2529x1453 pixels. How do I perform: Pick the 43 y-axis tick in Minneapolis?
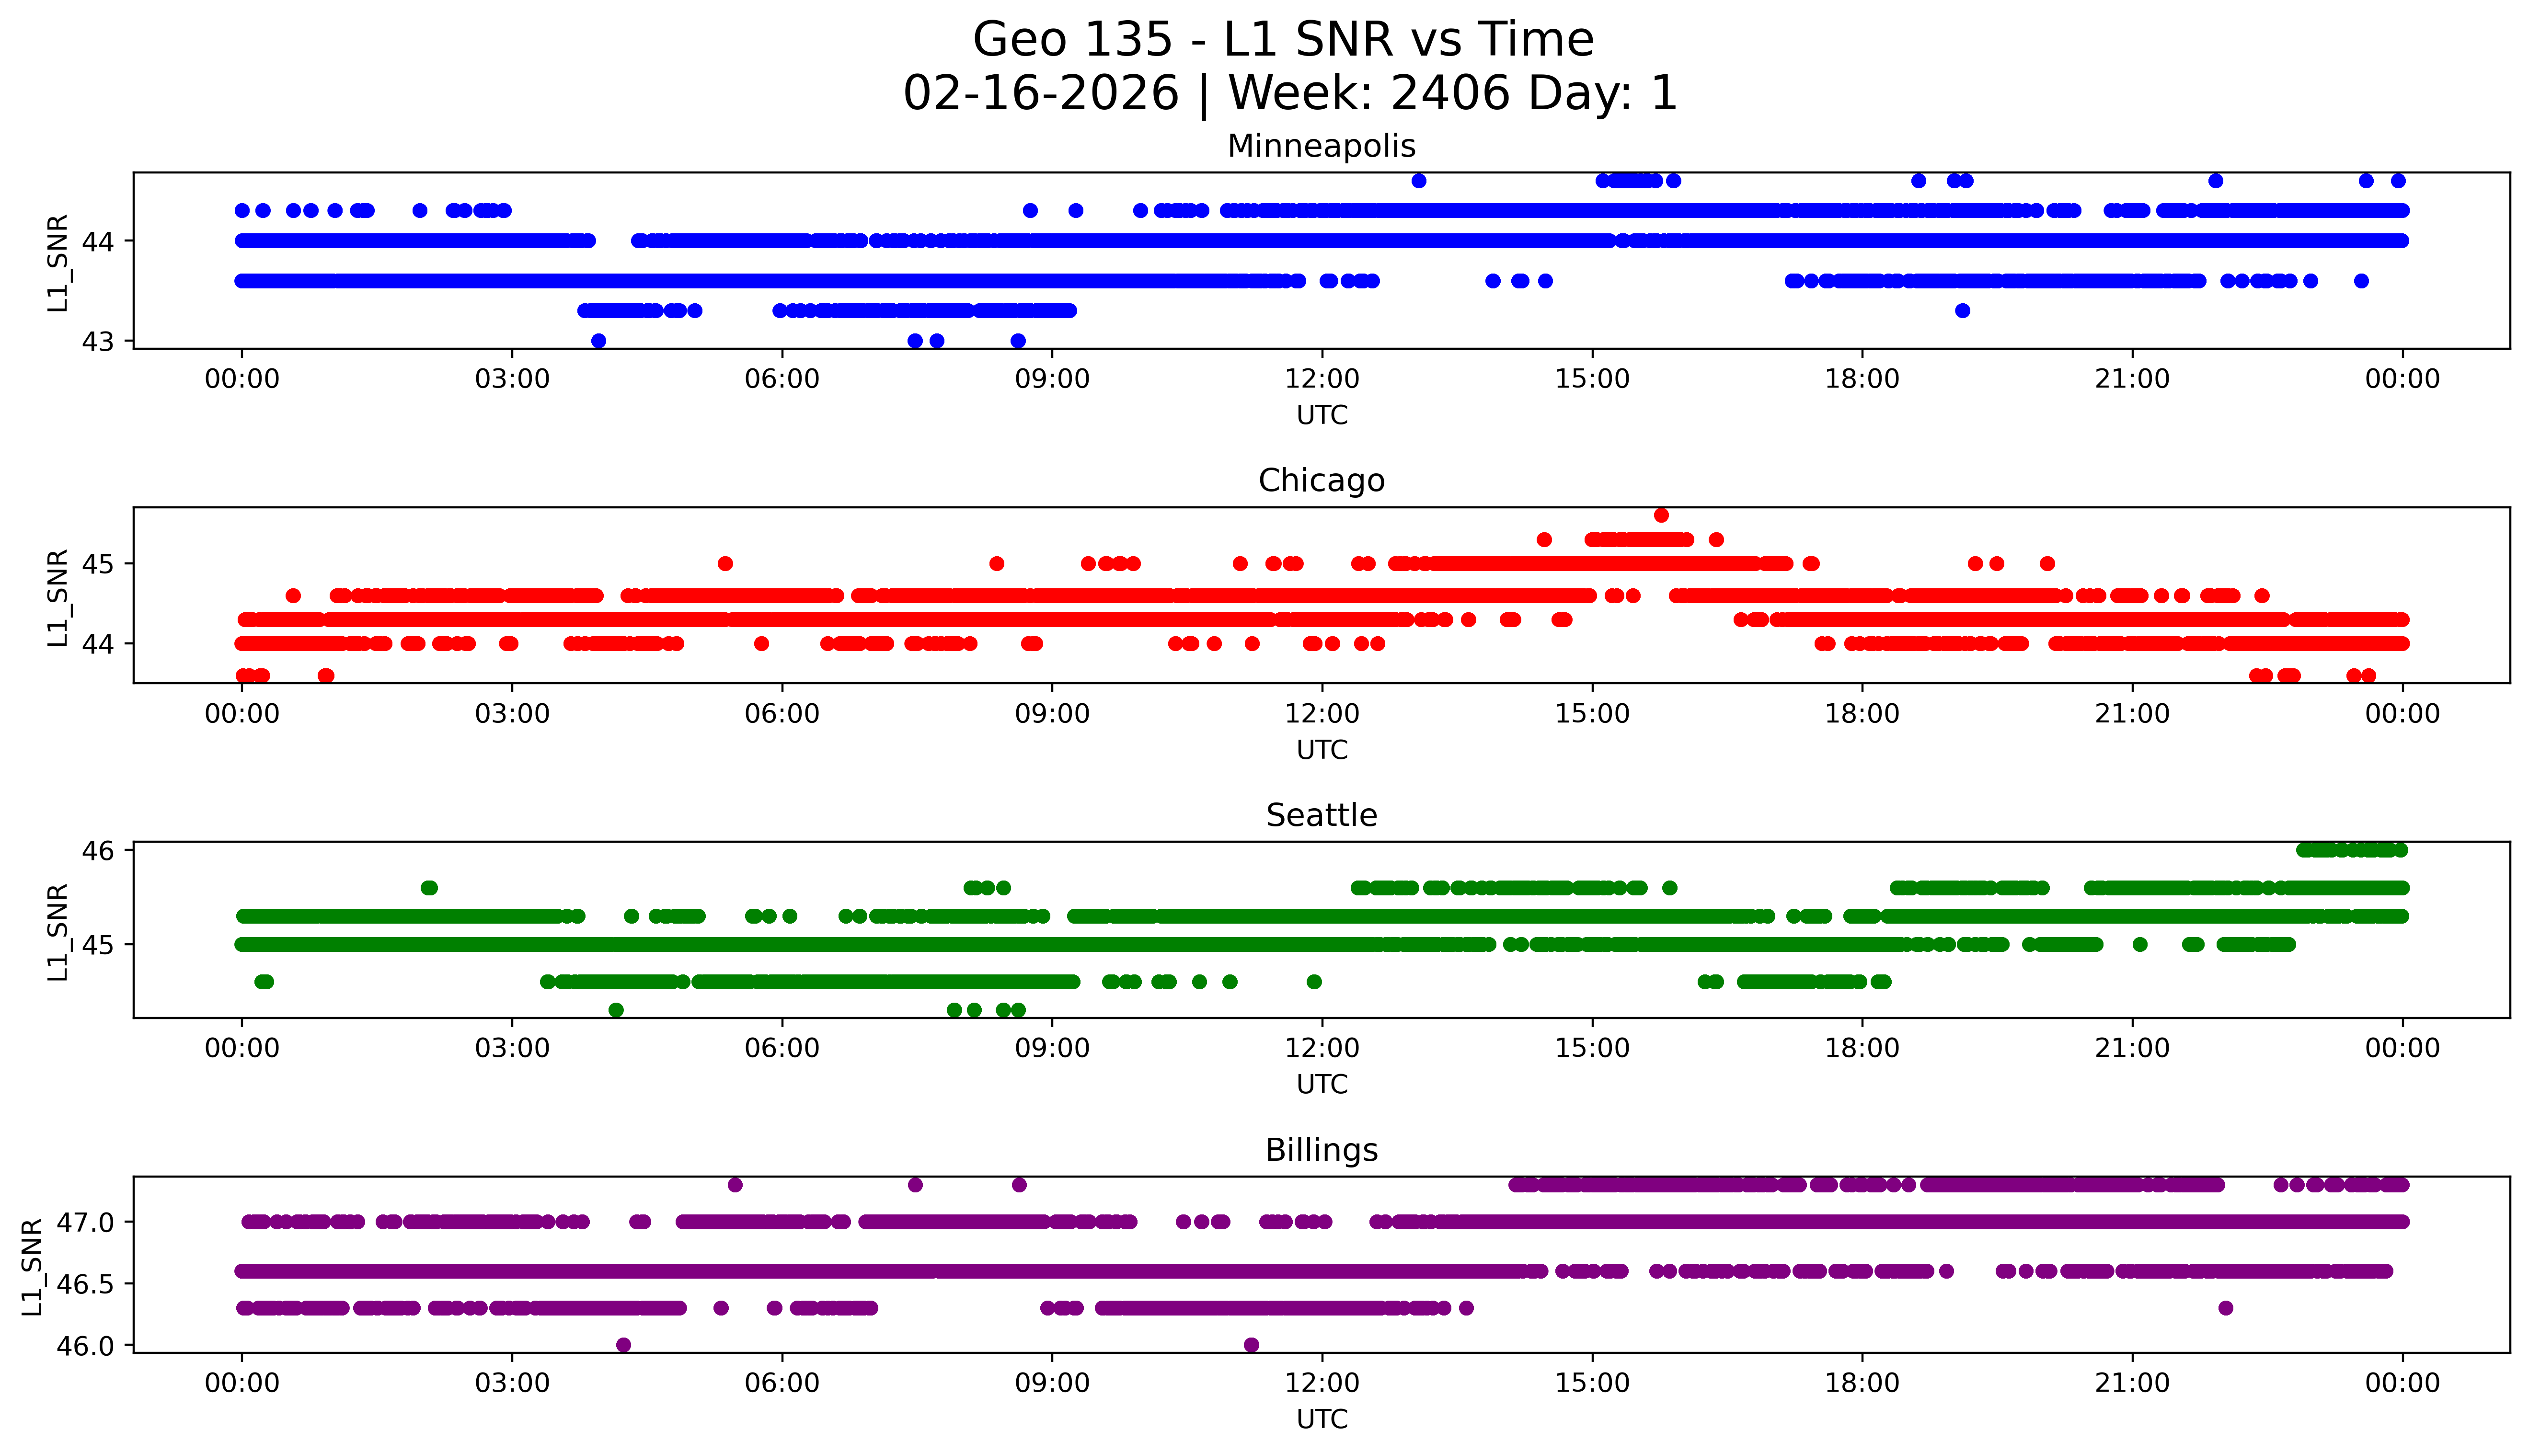pos(99,341)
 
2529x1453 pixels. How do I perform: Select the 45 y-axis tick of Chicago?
pos(99,564)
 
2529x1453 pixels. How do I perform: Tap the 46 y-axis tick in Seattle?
pos(99,850)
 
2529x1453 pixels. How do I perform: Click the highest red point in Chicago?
pos(1661,515)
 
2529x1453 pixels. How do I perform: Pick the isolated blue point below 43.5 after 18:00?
pos(1962,310)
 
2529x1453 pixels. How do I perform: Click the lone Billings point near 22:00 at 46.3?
pos(2225,1307)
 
